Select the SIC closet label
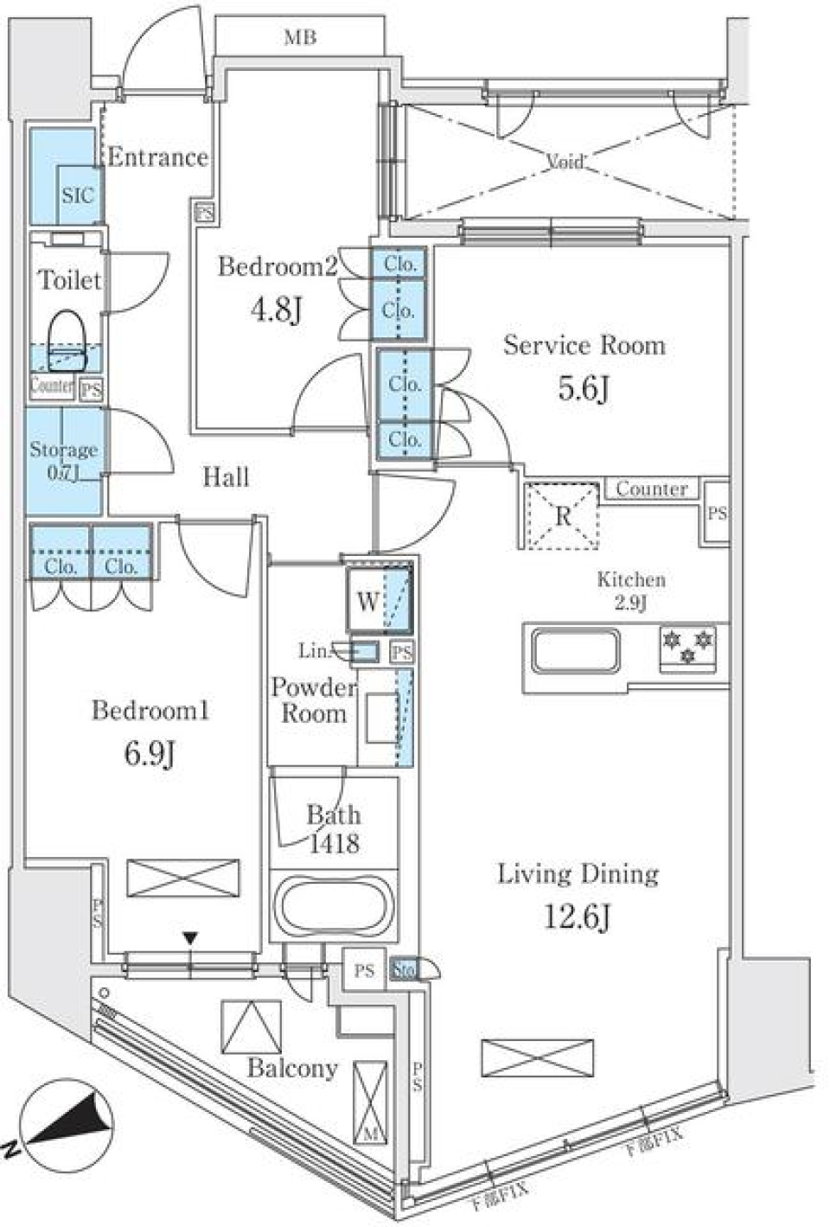coord(77,195)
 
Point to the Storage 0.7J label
coord(64,460)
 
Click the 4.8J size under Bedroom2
coord(276,308)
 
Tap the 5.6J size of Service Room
coord(584,388)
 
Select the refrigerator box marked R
coord(563,516)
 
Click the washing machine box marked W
coord(367,601)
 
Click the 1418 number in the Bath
coord(334,842)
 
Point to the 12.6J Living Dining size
coord(577,916)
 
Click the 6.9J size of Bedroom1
coord(150,754)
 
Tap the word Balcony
coord(292,1068)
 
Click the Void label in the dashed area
coord(565,161)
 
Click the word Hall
coord(226,476)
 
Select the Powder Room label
coord(313,700)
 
